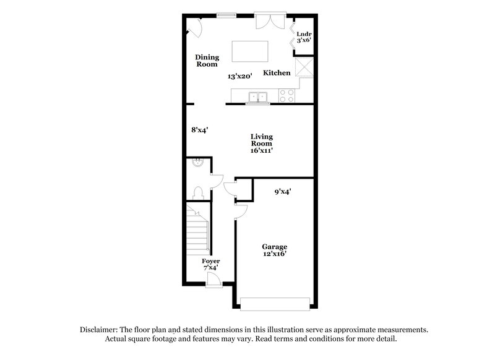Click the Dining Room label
207,60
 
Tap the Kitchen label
277,73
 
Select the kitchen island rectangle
250,51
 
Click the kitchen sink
257,97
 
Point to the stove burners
286,96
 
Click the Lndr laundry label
303,36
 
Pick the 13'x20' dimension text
239,77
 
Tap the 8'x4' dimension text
199,130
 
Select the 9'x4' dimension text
283,192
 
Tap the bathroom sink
197,163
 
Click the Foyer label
211,261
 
